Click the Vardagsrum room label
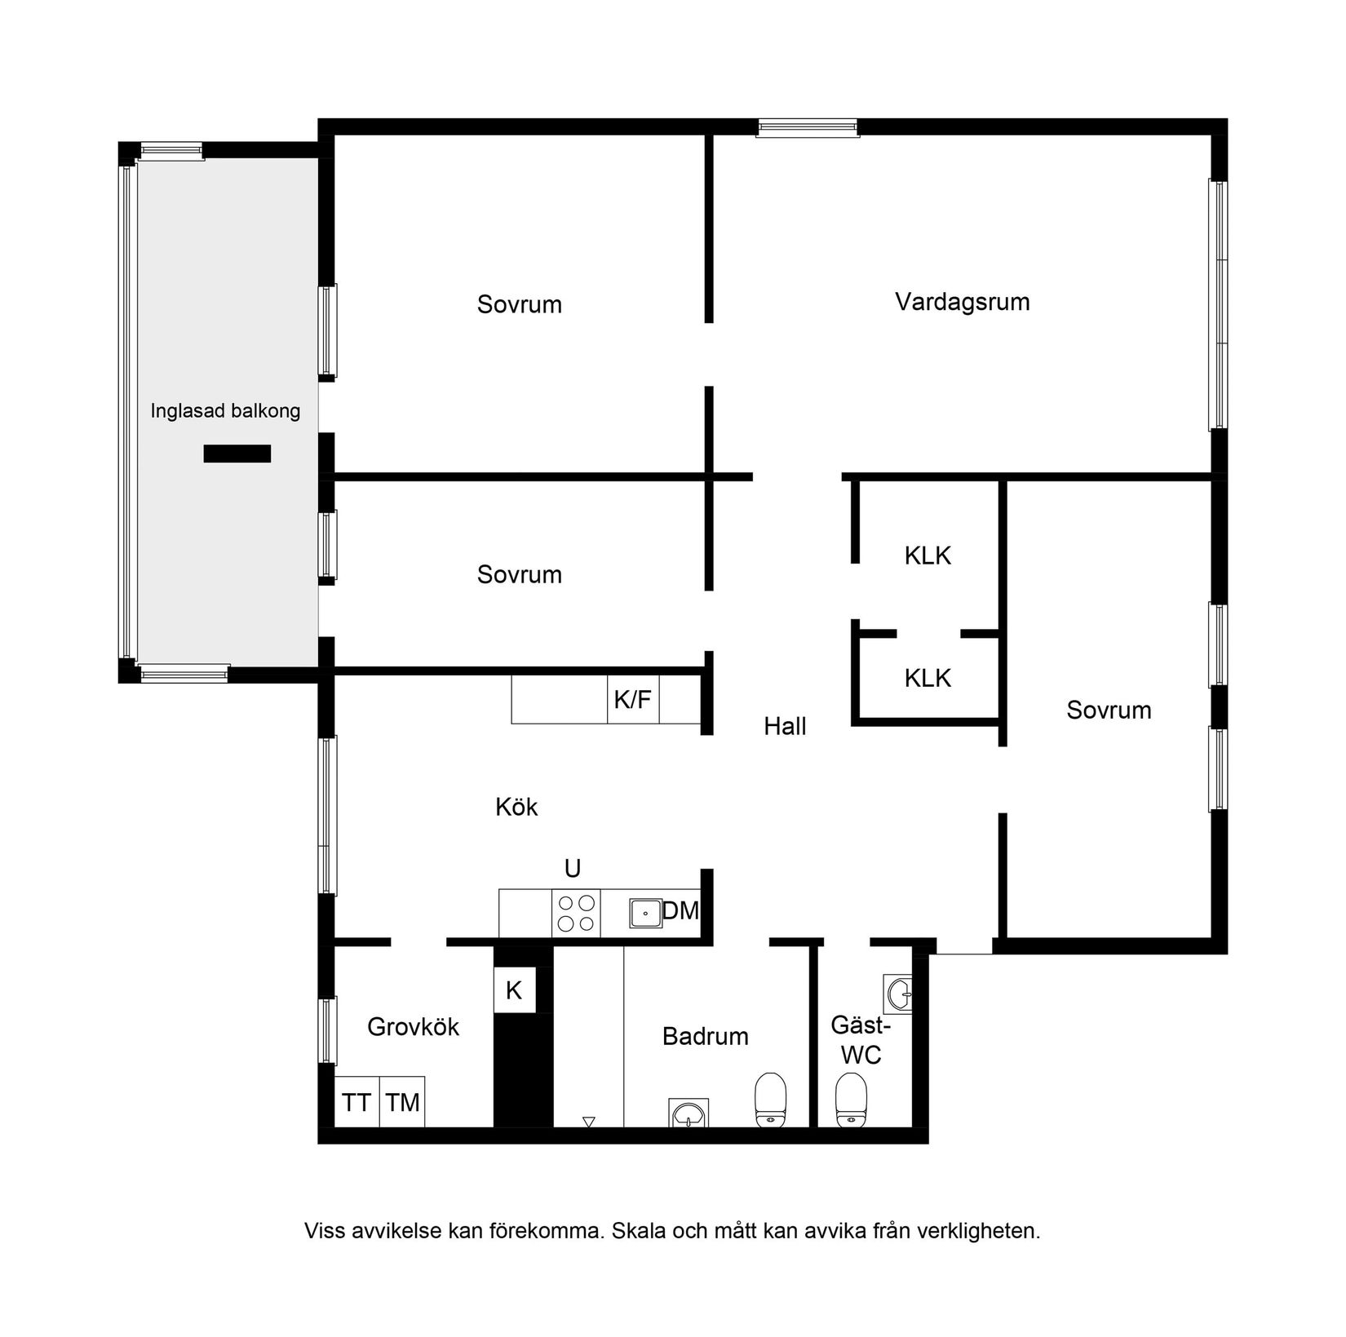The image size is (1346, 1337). point(962,303)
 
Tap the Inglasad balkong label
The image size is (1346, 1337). point(225,412)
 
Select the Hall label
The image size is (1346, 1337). point(785,726)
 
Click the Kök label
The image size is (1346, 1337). point(516,807)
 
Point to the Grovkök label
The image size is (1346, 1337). point(413,1026)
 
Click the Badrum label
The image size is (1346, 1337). point(705,1037)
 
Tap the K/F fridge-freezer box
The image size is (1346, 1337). point(633,699)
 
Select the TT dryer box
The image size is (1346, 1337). point(356,1103)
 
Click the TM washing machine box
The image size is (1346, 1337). point(402,1103)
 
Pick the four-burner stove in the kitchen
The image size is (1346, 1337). point(576,914)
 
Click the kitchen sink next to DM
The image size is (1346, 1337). point(645,914)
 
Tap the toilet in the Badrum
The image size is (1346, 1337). point(770,1100)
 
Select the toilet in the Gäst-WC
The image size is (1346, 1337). point(851,1100)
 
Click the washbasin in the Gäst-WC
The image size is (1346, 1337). point(897,994)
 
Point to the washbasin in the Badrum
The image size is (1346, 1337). point(688,1113)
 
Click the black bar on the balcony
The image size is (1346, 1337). point(237,454)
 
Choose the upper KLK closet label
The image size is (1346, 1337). point(928,556)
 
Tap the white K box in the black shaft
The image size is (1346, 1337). point(514,990)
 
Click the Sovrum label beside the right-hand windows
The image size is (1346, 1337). point(1109,711)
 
